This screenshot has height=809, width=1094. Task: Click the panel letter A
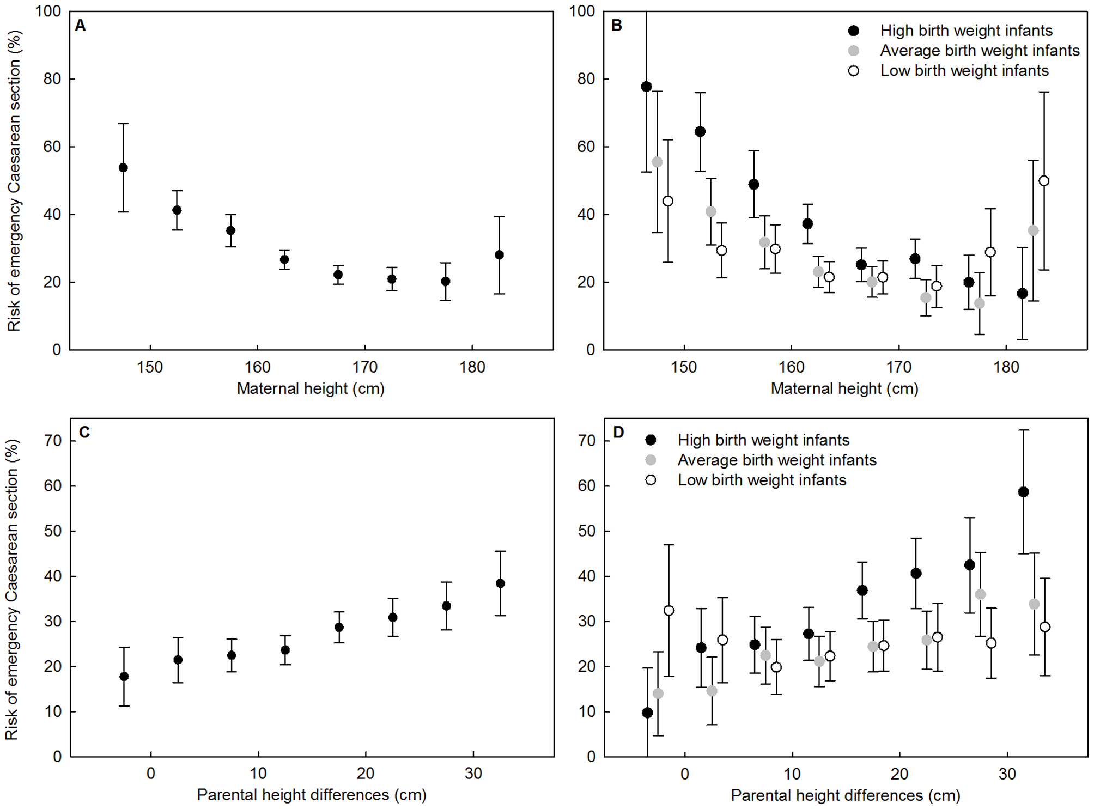coord(80,26)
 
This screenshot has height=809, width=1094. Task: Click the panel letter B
coord(617,26)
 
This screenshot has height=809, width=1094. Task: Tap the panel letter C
coord(84,432)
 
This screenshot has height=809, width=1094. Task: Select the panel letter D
coord(618,432)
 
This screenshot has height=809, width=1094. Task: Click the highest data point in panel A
coord(123,168)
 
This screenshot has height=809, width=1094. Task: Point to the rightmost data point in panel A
coord(499,255)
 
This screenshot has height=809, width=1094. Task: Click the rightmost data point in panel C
coord(500,583)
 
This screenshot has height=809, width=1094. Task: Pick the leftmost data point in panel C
coord(124,677)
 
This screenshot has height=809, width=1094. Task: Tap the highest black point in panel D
coord(1023,492)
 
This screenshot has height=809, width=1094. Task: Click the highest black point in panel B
coord(647,87)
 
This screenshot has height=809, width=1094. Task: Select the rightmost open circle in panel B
coord(1044,181)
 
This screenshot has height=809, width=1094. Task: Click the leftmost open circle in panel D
coord(669,611)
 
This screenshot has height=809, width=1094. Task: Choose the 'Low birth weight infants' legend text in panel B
coord(964,71)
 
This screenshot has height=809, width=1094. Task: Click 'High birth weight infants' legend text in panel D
coord(763,440)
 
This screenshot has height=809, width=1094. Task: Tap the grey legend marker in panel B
coord(854,51)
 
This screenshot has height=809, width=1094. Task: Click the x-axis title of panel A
coord(311,388)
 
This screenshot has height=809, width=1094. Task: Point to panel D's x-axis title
coord(845,795)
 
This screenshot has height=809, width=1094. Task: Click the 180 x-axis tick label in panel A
coord(472,367)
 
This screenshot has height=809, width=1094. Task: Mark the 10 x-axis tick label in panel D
coord(792,774)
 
